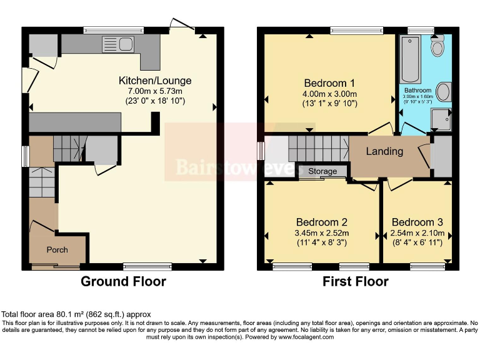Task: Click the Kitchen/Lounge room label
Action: point(155,81)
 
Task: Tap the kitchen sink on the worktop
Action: point(125,43)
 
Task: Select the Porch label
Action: point(57,250)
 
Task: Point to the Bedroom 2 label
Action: point(321,222)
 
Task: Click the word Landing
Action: point(384,151)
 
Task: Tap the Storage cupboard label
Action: point(322,171)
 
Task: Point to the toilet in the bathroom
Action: point(437,44)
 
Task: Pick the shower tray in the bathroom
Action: point(441,119)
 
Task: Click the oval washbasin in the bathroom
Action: point(443,92)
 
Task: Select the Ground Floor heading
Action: point(123,281)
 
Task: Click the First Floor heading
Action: point(355,281)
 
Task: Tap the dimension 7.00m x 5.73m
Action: point(155,91)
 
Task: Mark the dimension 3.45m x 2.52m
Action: point(321,233)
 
